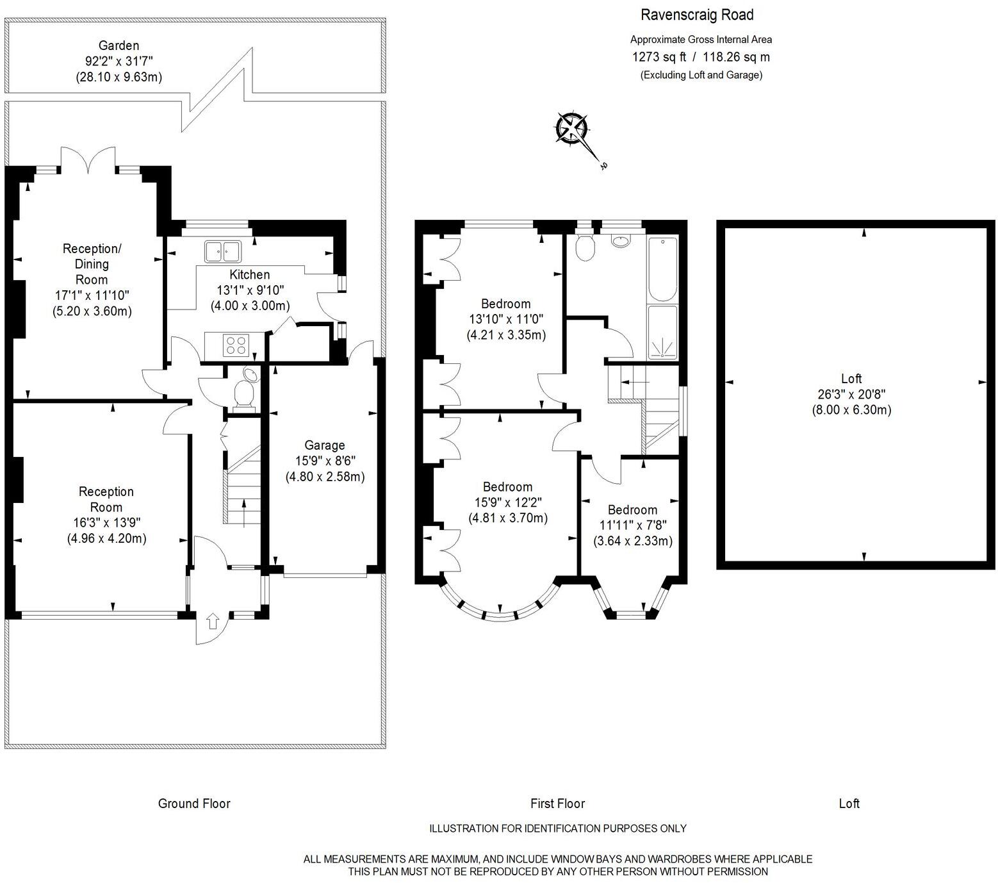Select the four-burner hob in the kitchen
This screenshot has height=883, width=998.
click(x=235, y=345)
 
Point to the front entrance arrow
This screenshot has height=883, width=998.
click(x=213, y=621)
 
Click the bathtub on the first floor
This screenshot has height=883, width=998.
click(x=662, y=268)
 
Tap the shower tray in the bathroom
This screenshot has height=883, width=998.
click(x=662, y=333)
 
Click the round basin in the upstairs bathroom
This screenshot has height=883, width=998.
click(x=621, y=240)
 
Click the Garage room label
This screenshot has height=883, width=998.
click(x=324, y=445)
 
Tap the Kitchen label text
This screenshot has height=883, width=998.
click(x=250, y=275)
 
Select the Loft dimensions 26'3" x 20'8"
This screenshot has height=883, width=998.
click(x=851, y=394)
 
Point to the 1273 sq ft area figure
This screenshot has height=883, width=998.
click(x=658, y=57)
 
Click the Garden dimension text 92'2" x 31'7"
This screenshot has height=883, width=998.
click(x=119, y=62)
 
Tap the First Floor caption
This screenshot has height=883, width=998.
click(x=558, y=804)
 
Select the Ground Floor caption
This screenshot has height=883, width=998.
click(x=194, y=804)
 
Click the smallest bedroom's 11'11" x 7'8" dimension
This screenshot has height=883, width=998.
click(x=633, y=525)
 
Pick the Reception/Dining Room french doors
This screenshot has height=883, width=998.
click(x=88, y=159)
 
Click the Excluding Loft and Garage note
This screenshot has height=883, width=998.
click(x=701, y=75)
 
